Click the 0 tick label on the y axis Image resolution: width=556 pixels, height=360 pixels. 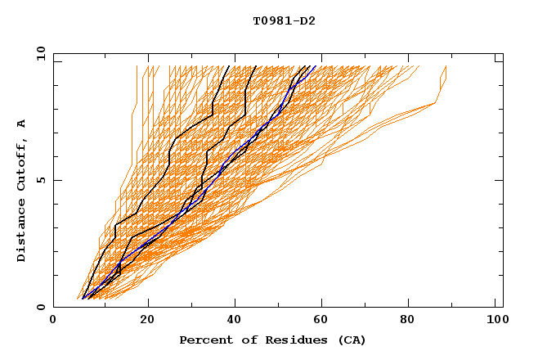41,307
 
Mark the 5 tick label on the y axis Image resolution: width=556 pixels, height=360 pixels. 41,180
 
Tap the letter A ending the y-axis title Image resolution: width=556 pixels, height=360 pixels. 22,124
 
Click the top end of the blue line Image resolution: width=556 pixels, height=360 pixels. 316,66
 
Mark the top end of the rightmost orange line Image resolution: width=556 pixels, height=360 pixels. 446,66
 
